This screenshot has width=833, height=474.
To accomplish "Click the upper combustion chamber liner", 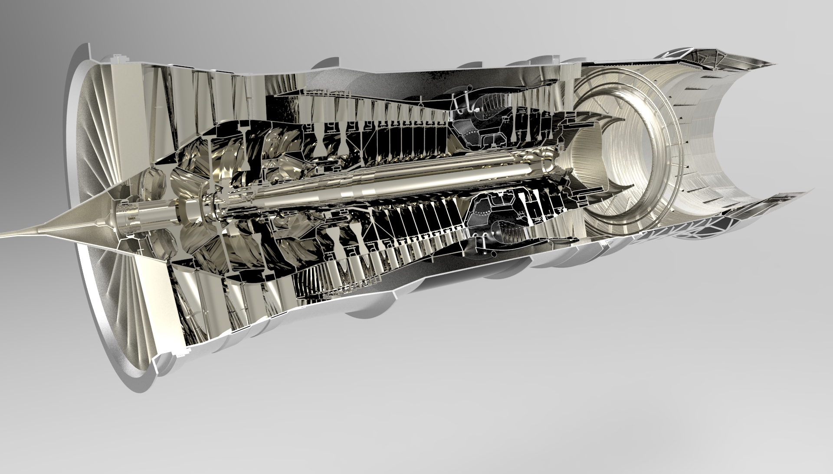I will point(490,106).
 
